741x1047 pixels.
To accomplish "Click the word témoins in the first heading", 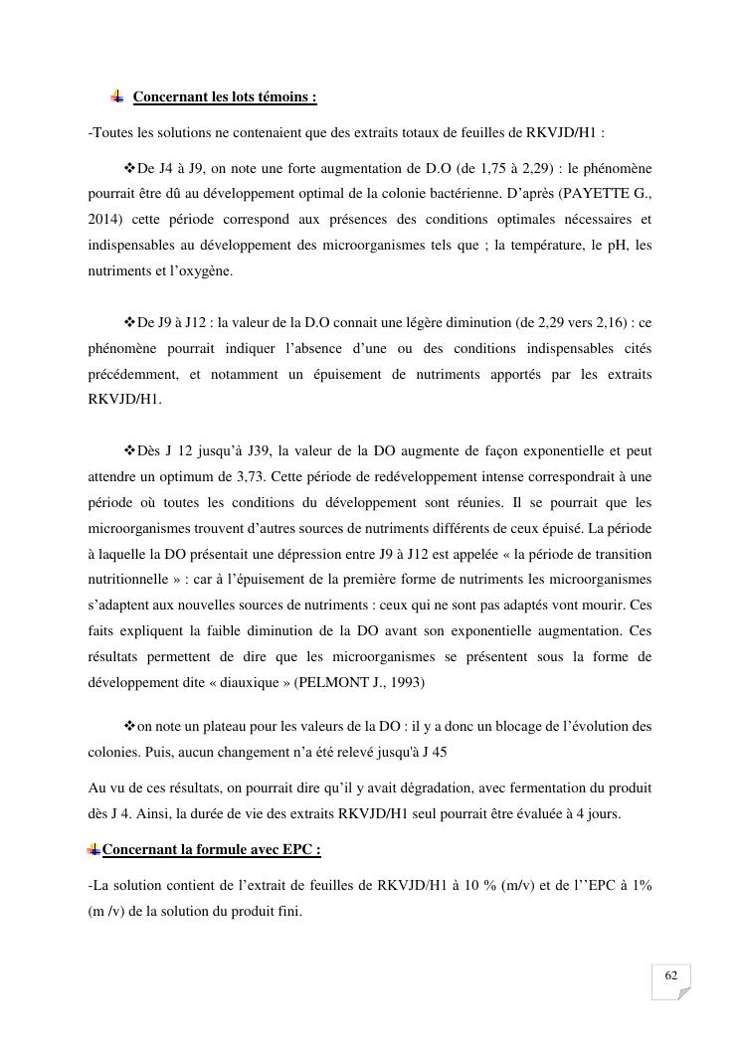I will coord(282,97).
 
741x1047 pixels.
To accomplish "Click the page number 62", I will coord(671,975).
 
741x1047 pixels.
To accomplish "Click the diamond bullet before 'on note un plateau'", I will coord(129,726).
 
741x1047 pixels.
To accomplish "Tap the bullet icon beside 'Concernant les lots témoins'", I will coord(116,96).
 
